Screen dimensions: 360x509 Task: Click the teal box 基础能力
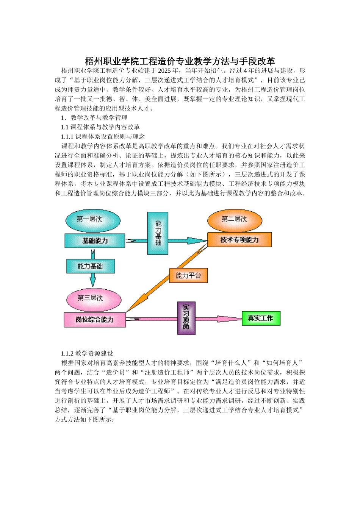coord(95,241)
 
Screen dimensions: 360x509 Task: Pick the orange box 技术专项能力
coord(239,240)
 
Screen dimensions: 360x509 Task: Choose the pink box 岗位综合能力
coord(94,320)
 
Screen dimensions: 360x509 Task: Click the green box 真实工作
coord(261,319)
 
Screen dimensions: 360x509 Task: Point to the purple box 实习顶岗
coord(186,318)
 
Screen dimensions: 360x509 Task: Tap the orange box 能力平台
coord(188,276)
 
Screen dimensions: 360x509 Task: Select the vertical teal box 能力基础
coord(158,233)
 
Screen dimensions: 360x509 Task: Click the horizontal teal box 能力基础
coord(91,266)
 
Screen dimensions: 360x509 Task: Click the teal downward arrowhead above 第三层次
coord(92,281)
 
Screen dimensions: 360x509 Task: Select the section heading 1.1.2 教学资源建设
coord(87,353)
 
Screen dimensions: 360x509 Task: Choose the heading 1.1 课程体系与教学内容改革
coord(100,127)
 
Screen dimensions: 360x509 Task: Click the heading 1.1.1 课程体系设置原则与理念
coord(103,137)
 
